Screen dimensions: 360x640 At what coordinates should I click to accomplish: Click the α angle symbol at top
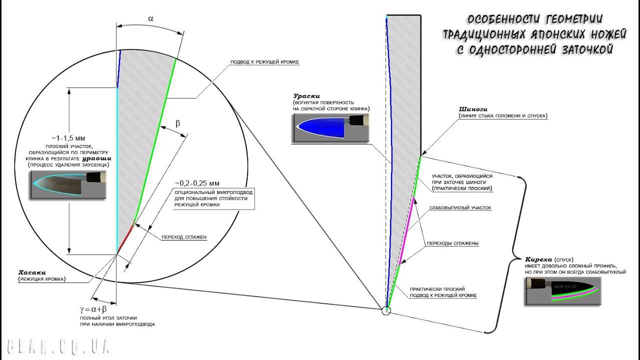(150, 18)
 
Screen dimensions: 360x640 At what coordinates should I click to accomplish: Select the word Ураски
(306, 95)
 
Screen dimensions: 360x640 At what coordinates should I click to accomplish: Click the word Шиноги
(473, 108)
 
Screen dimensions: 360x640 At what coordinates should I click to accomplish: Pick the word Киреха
(538, 259)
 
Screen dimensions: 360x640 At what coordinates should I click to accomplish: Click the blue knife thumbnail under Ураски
(329, 128)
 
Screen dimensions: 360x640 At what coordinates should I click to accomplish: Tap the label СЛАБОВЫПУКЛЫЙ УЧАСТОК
(460, 207)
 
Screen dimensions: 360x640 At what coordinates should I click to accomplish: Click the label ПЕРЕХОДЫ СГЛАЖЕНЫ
(452, 243)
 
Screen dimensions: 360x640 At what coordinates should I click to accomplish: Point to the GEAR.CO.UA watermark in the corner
(59, 345)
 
